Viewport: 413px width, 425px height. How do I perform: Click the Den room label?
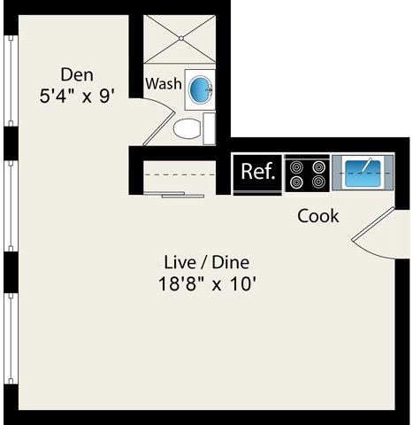(x=77, y=74)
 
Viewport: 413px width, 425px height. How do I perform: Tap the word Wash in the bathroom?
(x=164, y=85)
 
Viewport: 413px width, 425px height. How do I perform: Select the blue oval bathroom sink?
(x=201, y=88)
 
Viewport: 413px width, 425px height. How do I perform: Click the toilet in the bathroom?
(x=187, y=129)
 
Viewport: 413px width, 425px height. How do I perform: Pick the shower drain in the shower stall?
(x=182, y=38)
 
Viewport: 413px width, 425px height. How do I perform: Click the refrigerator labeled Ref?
(x=258, y=173)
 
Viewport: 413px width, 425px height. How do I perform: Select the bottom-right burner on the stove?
(x=317, y=182)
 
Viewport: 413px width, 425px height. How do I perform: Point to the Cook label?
(x=317, y=216)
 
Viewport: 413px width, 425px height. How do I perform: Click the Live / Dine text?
(x=207, y=263)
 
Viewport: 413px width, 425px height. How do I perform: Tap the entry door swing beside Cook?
(x=376, y=235)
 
